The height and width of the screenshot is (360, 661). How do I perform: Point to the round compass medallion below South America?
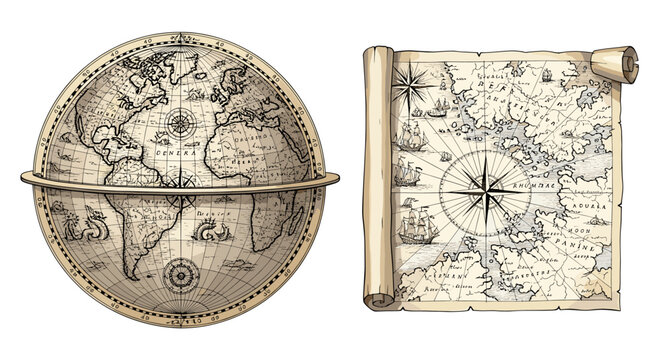pyautogui.click(x=181, y=272)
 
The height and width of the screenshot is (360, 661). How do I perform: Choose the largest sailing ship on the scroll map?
pyautogui.click(x=415, y=228)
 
